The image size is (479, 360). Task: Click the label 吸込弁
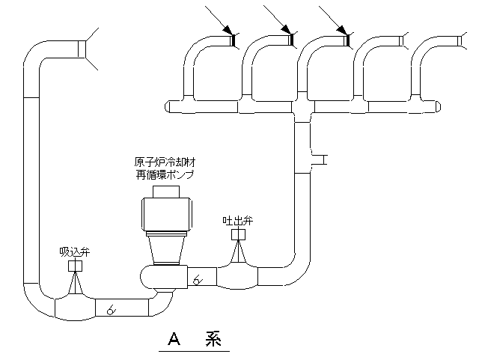75,251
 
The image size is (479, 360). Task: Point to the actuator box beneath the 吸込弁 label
75,266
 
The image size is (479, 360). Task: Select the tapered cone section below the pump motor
165,247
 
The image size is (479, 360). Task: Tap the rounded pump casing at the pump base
161,276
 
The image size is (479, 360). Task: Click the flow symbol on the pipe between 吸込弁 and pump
111,308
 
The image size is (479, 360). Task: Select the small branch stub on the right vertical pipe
319,159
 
